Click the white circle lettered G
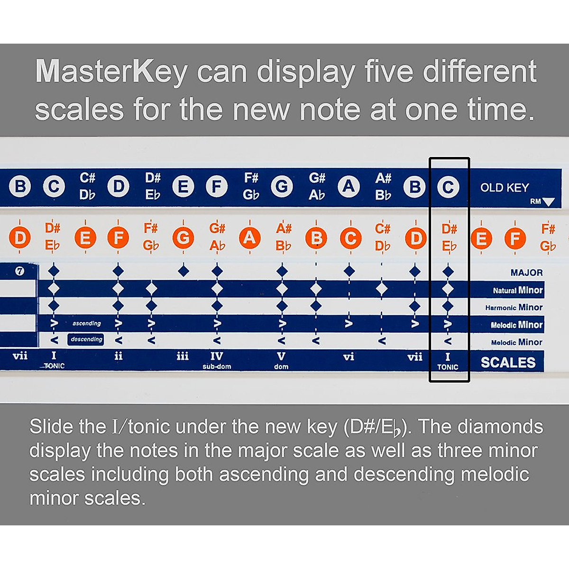coord(282,187)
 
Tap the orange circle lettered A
coord(250,238)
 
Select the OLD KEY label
coord(504,188)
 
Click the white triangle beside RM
coord(548,202)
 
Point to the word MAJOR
coord(526,273)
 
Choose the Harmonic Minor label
coord(514,307)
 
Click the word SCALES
coord(508,363)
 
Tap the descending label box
coord(86,340)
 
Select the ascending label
coord(86,323)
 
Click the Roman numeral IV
coord(217,356)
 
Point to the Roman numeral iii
coord(183,357)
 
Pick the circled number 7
coord(19,271)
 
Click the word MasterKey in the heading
coord(111,72)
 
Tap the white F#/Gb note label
coord(251,186)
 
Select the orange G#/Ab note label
coord(217,237)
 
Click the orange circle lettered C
coord(350,238)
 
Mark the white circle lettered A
coord(349,187)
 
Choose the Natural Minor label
coord(517,290)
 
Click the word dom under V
coord(281,367)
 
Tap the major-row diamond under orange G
coord(184,271)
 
